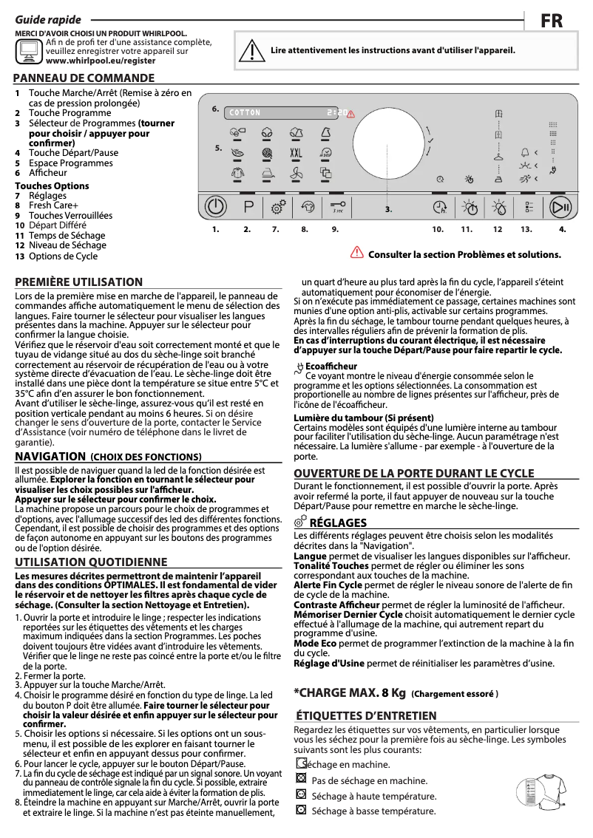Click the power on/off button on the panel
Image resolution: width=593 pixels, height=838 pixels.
coord(215,208)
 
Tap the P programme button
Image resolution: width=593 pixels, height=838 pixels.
coord(248,208)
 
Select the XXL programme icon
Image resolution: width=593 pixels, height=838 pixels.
coord(296,153)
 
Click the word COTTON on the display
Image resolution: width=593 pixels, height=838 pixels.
coord(245,113)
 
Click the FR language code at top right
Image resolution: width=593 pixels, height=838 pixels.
coord(552,21)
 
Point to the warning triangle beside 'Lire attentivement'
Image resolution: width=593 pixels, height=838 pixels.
coord(255,50)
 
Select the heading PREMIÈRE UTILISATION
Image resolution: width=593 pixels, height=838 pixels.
coord(79,282)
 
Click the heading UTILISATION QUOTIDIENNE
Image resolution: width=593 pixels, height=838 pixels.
coord(91,562)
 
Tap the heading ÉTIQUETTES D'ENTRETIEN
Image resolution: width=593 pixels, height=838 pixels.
coord(365,715)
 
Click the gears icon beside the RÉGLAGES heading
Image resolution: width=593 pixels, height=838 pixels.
coord(300,523)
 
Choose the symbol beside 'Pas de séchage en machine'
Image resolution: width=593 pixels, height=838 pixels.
coord(300,779)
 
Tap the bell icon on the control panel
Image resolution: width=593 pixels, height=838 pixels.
coord(524,153)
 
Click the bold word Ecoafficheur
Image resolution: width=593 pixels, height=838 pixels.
coord(331,367)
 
